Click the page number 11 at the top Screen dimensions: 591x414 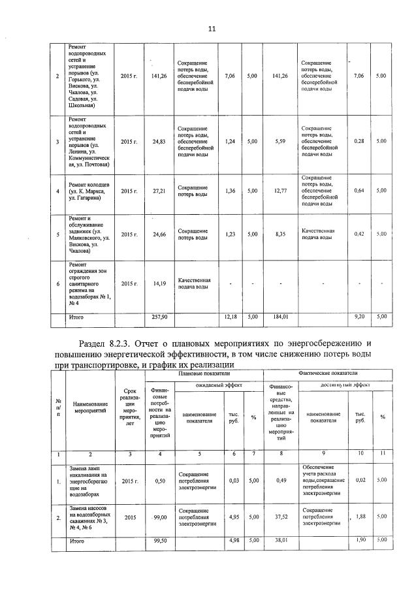click(211, 28)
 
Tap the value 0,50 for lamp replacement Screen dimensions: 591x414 click(159, 481)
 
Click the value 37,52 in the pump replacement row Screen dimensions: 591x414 click(281, 518)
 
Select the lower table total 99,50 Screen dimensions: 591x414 click(160, 541)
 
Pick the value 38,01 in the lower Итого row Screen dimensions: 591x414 click(281, 541)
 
